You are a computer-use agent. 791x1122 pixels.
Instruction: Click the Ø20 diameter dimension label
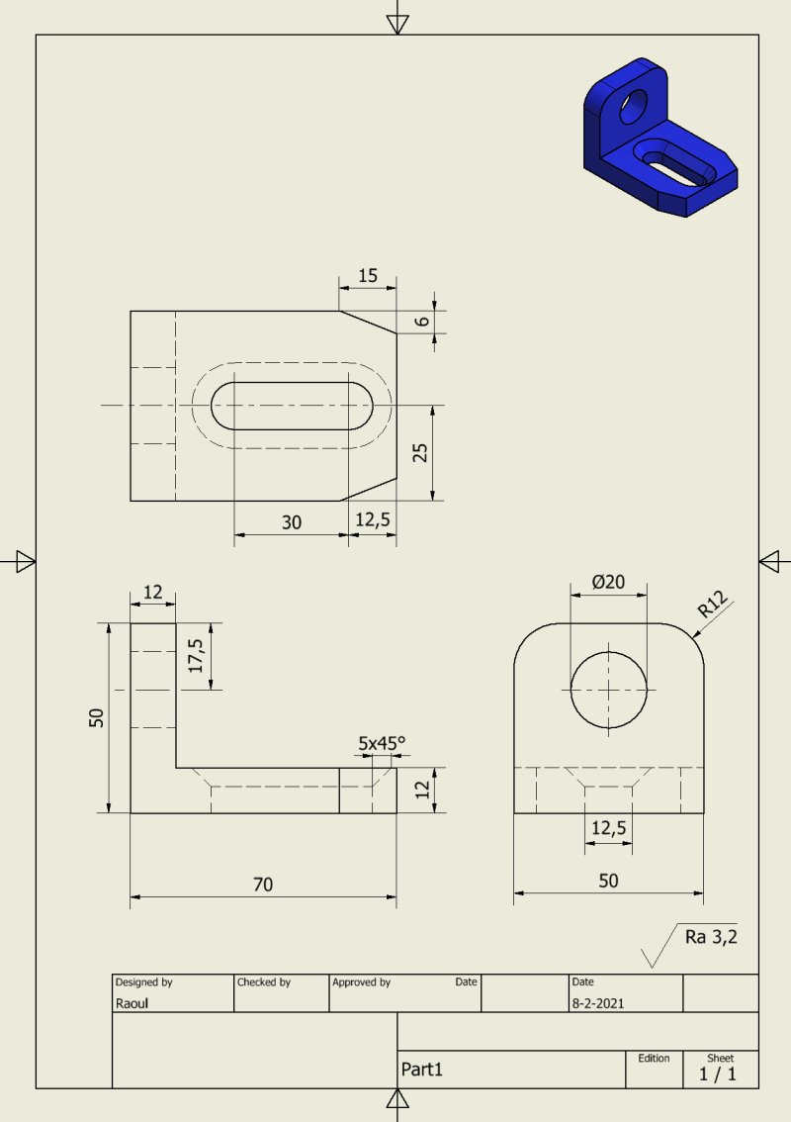[x=608, y=582]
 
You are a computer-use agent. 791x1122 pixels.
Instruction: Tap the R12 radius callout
[x=713, y=604]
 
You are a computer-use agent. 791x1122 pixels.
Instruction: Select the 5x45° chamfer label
[x=382, y=743]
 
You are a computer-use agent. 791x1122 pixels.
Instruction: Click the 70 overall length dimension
[x=263, y=885]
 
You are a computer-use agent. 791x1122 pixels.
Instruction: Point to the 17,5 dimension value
[x=196, y=655]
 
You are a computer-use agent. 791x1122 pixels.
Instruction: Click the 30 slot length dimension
[x=291, y=522]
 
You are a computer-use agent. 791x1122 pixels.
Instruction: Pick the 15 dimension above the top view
[x=368, y=275]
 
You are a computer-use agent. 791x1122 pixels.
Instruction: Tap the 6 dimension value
[x=423, y=322]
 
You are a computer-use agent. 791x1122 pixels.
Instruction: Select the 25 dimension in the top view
[x=420, y=453]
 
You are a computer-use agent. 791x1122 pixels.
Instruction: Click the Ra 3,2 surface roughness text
[x=711, y=937]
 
